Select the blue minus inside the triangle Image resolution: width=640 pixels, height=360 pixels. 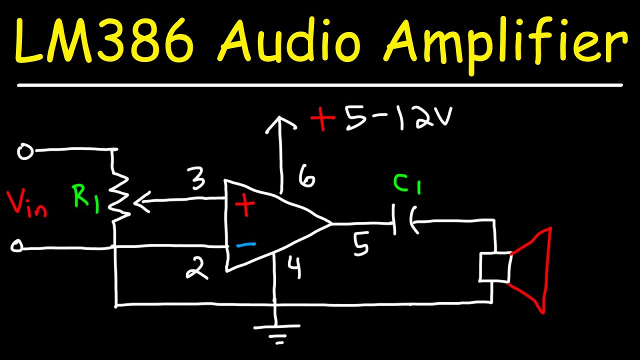(x=245, y=244)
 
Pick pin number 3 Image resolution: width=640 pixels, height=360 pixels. (x=198, y=181)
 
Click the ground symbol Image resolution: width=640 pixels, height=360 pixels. (x=276, y=332)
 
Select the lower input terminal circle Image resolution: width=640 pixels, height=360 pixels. (x=17, y=246)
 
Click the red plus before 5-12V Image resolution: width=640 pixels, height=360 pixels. (x=322, y=119)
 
